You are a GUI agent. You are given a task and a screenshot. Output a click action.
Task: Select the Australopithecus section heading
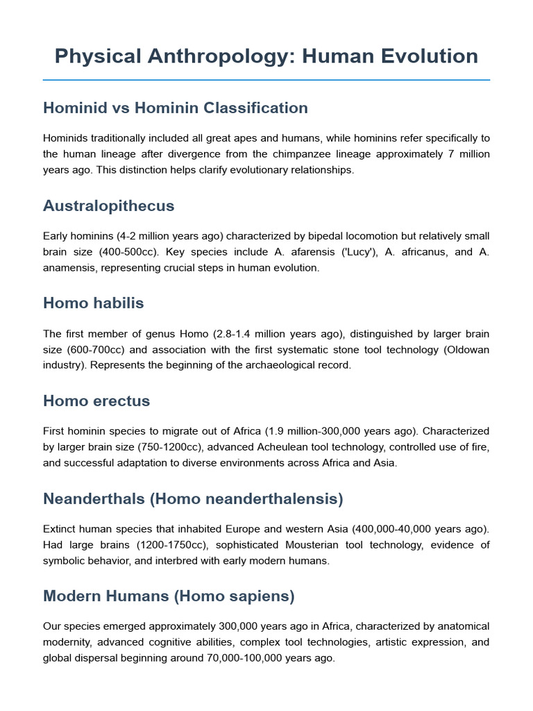click(108, 206)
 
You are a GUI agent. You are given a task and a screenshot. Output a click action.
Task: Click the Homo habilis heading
click(93, 303)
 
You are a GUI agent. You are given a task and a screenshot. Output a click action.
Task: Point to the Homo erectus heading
click(96, 401)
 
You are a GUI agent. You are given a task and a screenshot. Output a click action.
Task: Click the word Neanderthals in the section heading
click(92, 499)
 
